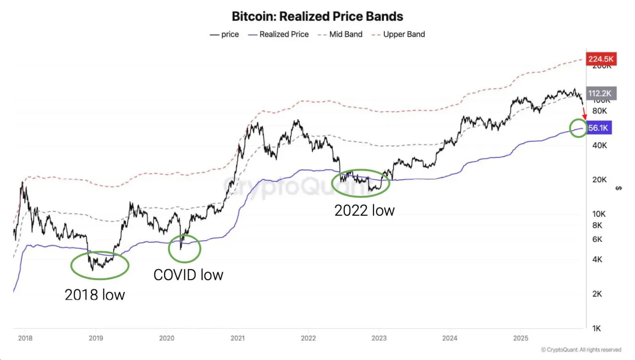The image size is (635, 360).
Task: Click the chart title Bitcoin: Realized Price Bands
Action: [317, 16]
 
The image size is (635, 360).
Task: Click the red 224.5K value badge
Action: [601, 59]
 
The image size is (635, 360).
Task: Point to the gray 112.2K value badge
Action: [601, 93]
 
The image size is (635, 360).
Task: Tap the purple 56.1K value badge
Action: [599, 128]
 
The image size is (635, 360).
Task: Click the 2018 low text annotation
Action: [95, 295]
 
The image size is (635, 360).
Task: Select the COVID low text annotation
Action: [188, 275]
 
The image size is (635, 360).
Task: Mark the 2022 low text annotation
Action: [365, 210]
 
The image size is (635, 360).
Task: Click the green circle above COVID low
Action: [185, 248]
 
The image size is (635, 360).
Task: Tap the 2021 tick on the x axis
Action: [237, 338]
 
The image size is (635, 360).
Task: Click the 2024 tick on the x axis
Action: [449, 338]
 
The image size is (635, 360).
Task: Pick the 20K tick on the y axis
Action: [599, 180]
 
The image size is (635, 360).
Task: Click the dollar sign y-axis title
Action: [618, 188]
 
